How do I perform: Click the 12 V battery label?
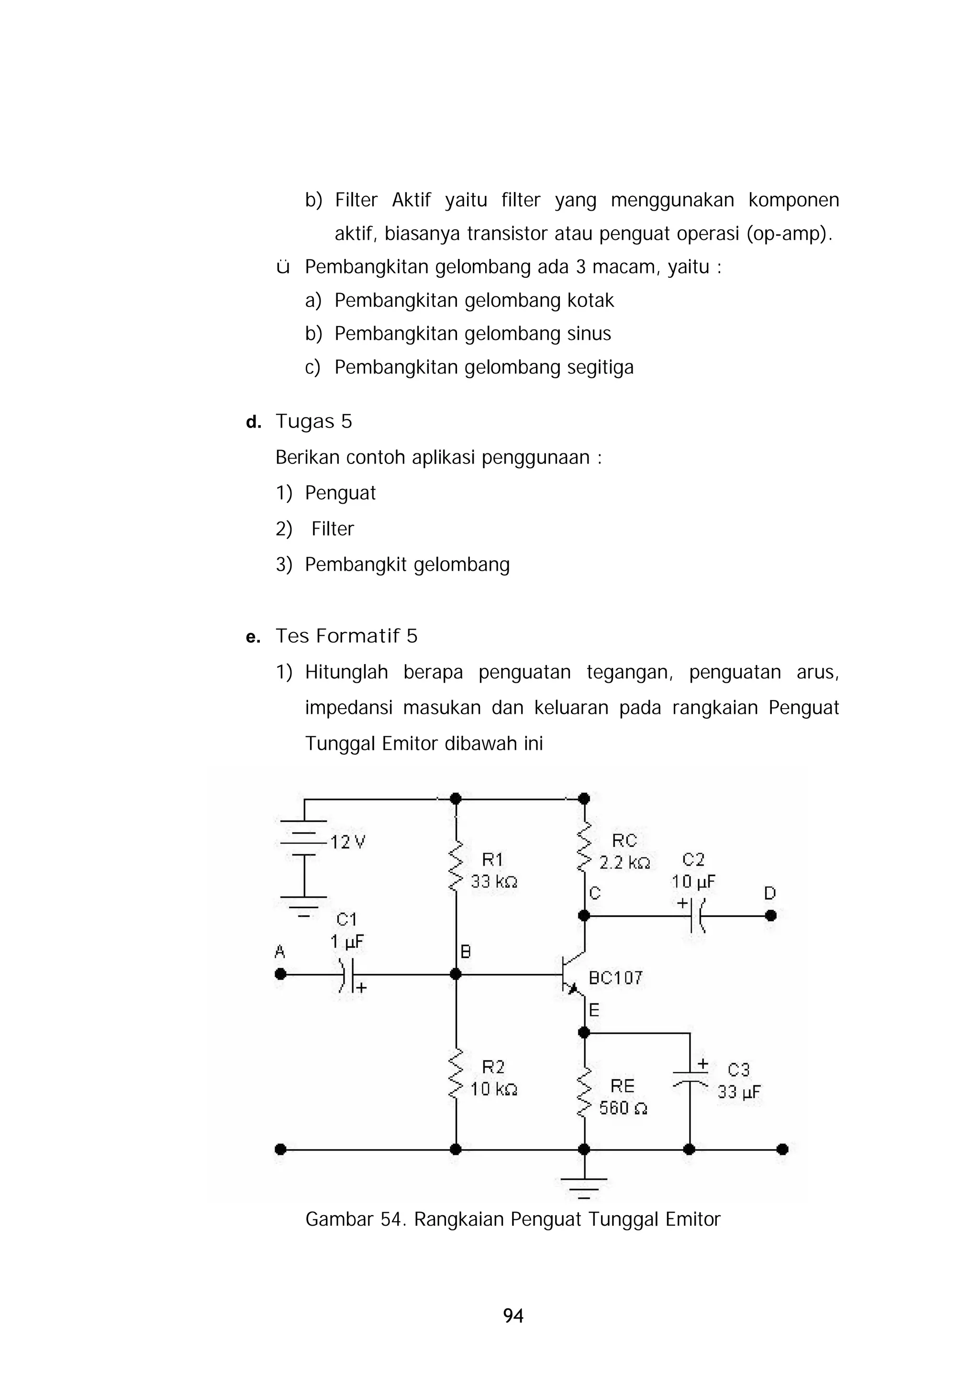pos(348,842)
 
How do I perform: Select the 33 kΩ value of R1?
pos(494,881)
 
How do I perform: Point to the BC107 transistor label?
pos(615,978)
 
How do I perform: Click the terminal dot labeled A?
pos(280,974)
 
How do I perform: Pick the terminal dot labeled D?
pos(770,915)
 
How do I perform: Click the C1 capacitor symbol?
pos(346,974)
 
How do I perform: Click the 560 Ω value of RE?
pos(623,1108)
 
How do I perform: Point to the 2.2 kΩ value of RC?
pos(624,863)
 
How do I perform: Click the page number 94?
pos(513,1315)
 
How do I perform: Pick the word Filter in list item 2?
pos(333,529)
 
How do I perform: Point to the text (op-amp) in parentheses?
pos(789,233)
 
